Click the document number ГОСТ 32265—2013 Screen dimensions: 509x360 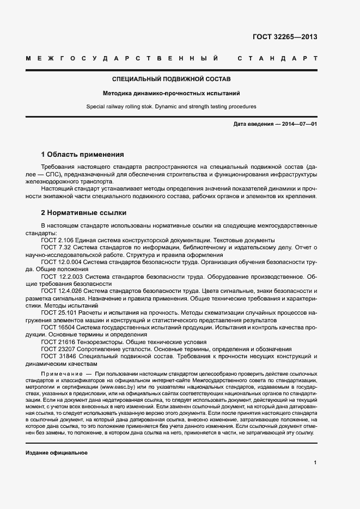(x=285, y=38)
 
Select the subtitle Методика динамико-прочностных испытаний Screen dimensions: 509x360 (x=172, y=93)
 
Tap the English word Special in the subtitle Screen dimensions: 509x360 (x=96, y=107)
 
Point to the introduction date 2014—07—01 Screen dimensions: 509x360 (x=299, y=125)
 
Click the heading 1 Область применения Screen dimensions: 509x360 (x=83, y=154)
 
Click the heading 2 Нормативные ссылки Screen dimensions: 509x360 (x=84, y=213)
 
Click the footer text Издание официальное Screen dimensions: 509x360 (x=57, y=453)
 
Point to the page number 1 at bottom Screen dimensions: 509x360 (x=315, y=463)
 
